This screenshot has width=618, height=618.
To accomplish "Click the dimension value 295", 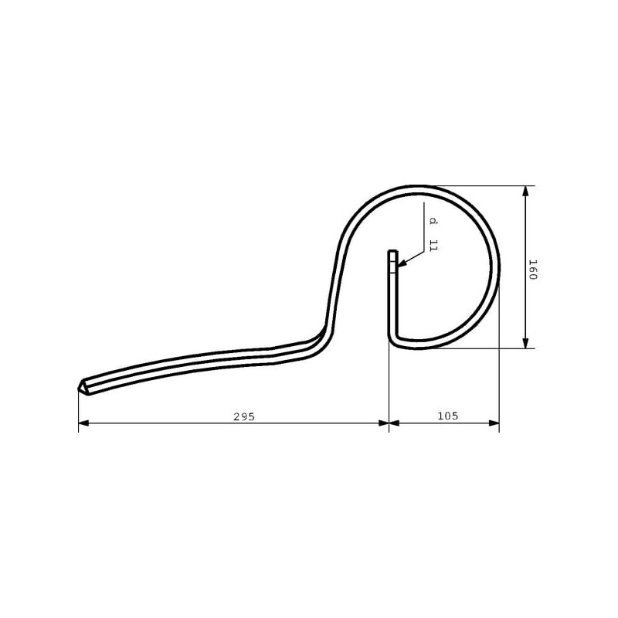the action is tap(244, 416).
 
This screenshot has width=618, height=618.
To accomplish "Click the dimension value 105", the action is tap(448, 416).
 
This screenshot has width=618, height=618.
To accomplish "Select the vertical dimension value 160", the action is tap(533, 270).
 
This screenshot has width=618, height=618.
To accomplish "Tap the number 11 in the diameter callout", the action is tap(433, 245).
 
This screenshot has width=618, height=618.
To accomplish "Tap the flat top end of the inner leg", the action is tap(393, 251).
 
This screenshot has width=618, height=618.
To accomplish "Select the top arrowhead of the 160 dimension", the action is tap(525, 191).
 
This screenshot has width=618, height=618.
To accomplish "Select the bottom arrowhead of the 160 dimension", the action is tap(525, 343).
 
